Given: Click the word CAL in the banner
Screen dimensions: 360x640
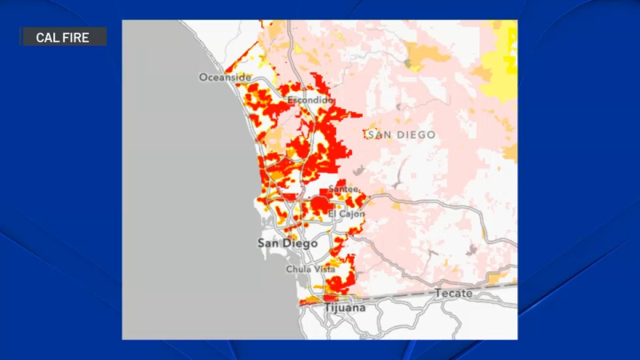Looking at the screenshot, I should [46, 37].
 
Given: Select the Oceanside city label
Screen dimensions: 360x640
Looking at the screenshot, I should [225, 77].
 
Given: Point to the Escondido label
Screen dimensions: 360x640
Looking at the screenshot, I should [310, 100].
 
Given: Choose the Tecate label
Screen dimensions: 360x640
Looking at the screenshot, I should [453, 293].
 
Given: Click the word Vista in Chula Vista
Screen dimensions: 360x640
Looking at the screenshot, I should [323, 269].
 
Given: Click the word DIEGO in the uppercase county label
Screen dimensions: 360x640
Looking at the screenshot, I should [413, 135].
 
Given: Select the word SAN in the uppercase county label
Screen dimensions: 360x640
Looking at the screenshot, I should [380, 135].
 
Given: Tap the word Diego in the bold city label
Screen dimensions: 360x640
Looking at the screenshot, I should [301, 243].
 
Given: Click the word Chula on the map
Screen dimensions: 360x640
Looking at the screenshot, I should [297, 269].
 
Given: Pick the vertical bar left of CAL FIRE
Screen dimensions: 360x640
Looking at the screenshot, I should [22, 37].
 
